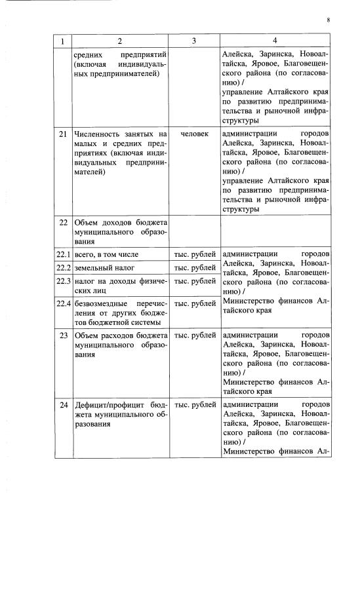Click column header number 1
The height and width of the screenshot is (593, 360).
[x=63, y=41]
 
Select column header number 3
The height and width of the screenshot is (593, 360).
[x=194, y=41]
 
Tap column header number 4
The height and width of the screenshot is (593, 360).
[x=275, y=41]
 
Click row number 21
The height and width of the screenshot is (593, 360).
[x=64, y=134]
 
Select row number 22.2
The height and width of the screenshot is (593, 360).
[x=63, y=268]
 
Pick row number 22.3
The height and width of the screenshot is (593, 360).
[x=63, y=282]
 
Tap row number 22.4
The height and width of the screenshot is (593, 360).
[x=63, y=303]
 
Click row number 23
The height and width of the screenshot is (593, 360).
[x=64, y=336]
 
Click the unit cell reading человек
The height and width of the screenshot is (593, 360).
[x=194, y=134]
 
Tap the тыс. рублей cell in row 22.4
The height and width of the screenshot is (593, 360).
[x=195, y=303]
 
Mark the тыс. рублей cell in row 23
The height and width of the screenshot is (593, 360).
[x=195, y=336]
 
